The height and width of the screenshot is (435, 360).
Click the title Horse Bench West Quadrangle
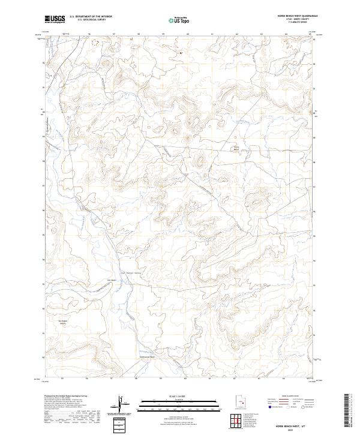[298, 16]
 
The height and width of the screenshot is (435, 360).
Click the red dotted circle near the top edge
[94, 43]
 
